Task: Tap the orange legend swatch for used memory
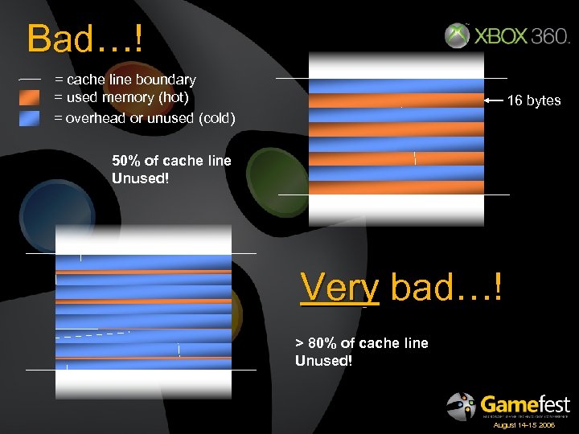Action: pos(29,98)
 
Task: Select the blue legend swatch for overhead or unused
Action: pos(29,118)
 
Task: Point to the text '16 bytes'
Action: pos(534,100)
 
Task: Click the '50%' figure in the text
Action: pos(127,161)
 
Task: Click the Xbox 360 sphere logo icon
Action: pos(457,36)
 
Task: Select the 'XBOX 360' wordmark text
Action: pos(522,37)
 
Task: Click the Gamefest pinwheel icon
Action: pos(462,406)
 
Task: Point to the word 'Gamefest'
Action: pos(524,403)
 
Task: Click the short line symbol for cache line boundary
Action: pos(30,80)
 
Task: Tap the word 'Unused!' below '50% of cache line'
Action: pos(141,178)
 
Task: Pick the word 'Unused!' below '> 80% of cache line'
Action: pos(323,361)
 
